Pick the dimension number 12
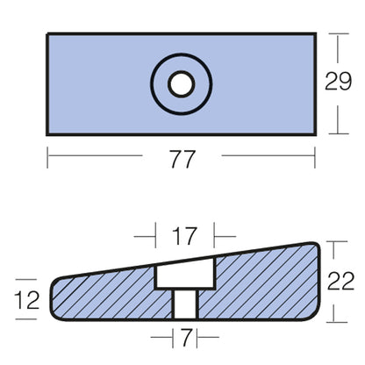pyautogui.click(x=27, y=300)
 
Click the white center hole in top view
pyautogui.click(x=182, y=84)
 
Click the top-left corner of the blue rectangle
pyautogui.click(x=47, y=35)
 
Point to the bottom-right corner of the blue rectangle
pyautogui.click(x=314, y=133)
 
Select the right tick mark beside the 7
pyautogui.click(x=194, y=337)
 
